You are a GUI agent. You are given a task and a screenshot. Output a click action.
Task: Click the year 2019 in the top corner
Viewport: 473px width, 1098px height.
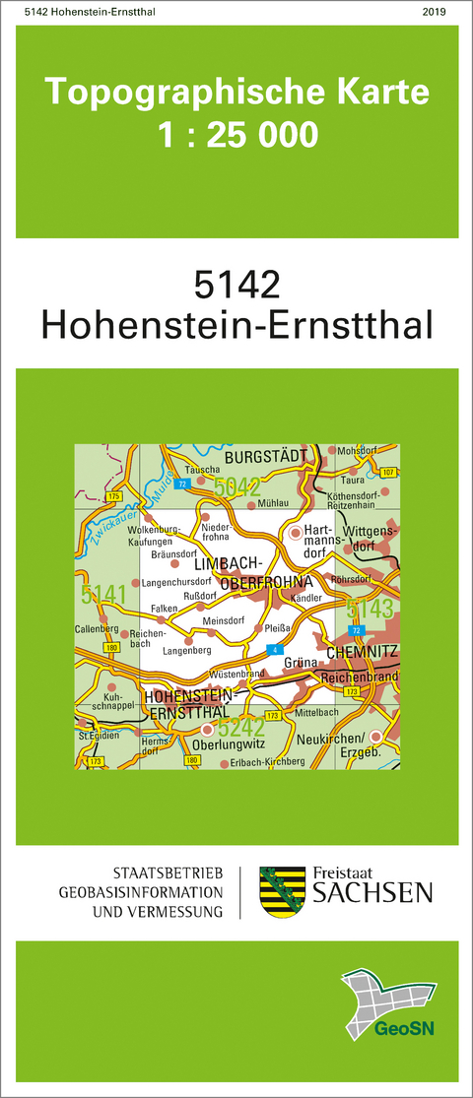coord(433,11)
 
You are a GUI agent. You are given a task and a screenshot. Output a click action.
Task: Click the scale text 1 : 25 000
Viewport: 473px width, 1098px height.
coord(237,134)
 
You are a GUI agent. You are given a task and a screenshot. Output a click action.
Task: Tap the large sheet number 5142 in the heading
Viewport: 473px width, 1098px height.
coord(237,285)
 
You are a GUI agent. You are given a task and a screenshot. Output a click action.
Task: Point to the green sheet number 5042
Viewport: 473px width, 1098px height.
coord(236,485)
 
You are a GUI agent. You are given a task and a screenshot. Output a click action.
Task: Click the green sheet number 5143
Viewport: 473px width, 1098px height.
coord(371,606)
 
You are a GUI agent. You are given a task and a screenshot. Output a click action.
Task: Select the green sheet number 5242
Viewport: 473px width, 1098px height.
coord(241,729)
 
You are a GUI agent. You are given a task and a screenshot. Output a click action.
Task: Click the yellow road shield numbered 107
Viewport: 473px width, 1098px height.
coord(386,474)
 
